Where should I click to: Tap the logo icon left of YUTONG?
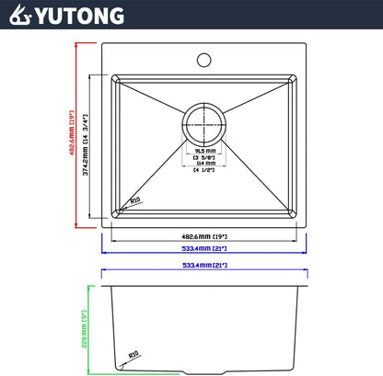tap(18, 16)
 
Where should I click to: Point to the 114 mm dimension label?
tap(203, 164)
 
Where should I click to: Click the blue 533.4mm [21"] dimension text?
tap(204, 249)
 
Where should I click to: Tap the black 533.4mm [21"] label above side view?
tap(204, 267)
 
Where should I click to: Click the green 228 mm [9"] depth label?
tap(85, 320)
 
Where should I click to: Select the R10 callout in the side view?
tap(134, 353)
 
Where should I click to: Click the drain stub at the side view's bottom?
tap(204, 370)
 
